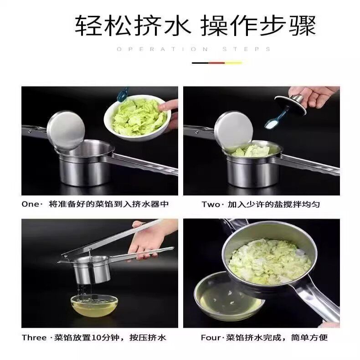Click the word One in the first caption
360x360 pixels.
[30, 204]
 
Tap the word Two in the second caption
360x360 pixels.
[211, 204]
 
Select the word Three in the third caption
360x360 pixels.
[34, 338]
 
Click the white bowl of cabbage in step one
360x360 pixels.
[138, 118]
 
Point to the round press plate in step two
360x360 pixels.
[233, 130]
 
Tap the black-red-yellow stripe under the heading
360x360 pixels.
[217, 63]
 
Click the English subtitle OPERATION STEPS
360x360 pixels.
[194, 49]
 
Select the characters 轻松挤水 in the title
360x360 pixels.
[133, 25]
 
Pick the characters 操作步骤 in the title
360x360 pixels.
[258, 25]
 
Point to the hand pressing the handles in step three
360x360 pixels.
[149, 241]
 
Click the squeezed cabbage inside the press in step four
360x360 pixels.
[270, 261]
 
